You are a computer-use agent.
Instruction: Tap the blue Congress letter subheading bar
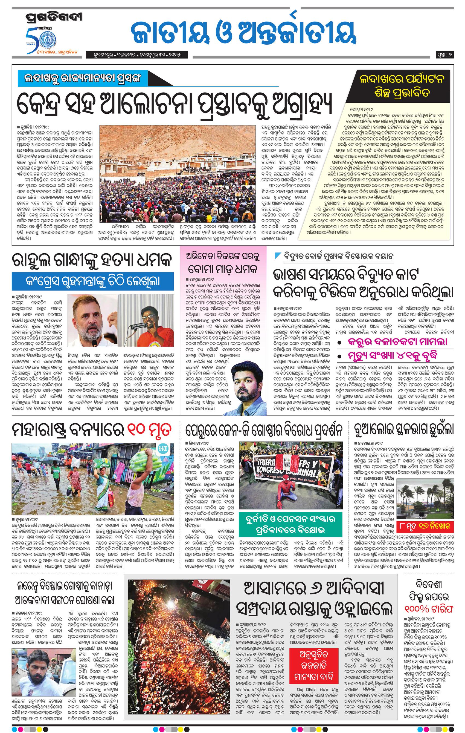tap(93, 281)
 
